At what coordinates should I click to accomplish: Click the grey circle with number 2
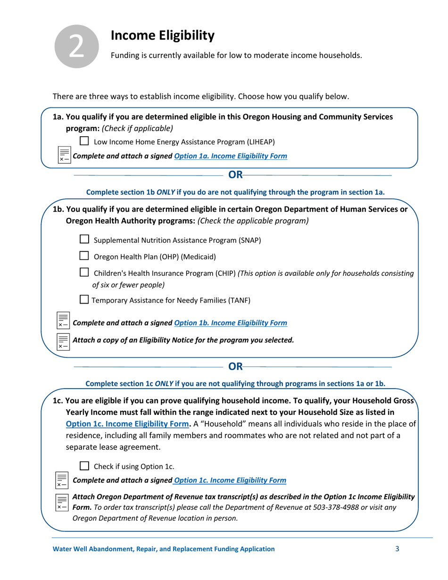click(x=77, y=46)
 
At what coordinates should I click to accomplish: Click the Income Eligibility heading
click(x=162, y=35)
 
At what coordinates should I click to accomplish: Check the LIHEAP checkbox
click(x=84, y=141)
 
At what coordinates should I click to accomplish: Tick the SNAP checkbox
click(x=84, y=240)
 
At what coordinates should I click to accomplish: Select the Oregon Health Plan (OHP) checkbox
click(x=84, y=257)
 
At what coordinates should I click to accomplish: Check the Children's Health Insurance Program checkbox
click(x=84, y=273)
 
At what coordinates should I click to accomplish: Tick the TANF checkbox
click(x=84, y=300)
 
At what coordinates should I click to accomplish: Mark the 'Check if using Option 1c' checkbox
click(x=84, y=466)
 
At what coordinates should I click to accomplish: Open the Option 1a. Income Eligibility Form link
click(x=230, y=156)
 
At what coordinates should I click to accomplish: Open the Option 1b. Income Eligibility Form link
click(x=230, y=323)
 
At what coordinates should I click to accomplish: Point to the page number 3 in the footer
click(x=397, y=549)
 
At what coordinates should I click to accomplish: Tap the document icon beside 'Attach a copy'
click(x=63, y=340)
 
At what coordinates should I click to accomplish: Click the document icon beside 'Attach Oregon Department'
click(x=63, y=502)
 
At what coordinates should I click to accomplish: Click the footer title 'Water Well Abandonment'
click(x=163, y=549)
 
